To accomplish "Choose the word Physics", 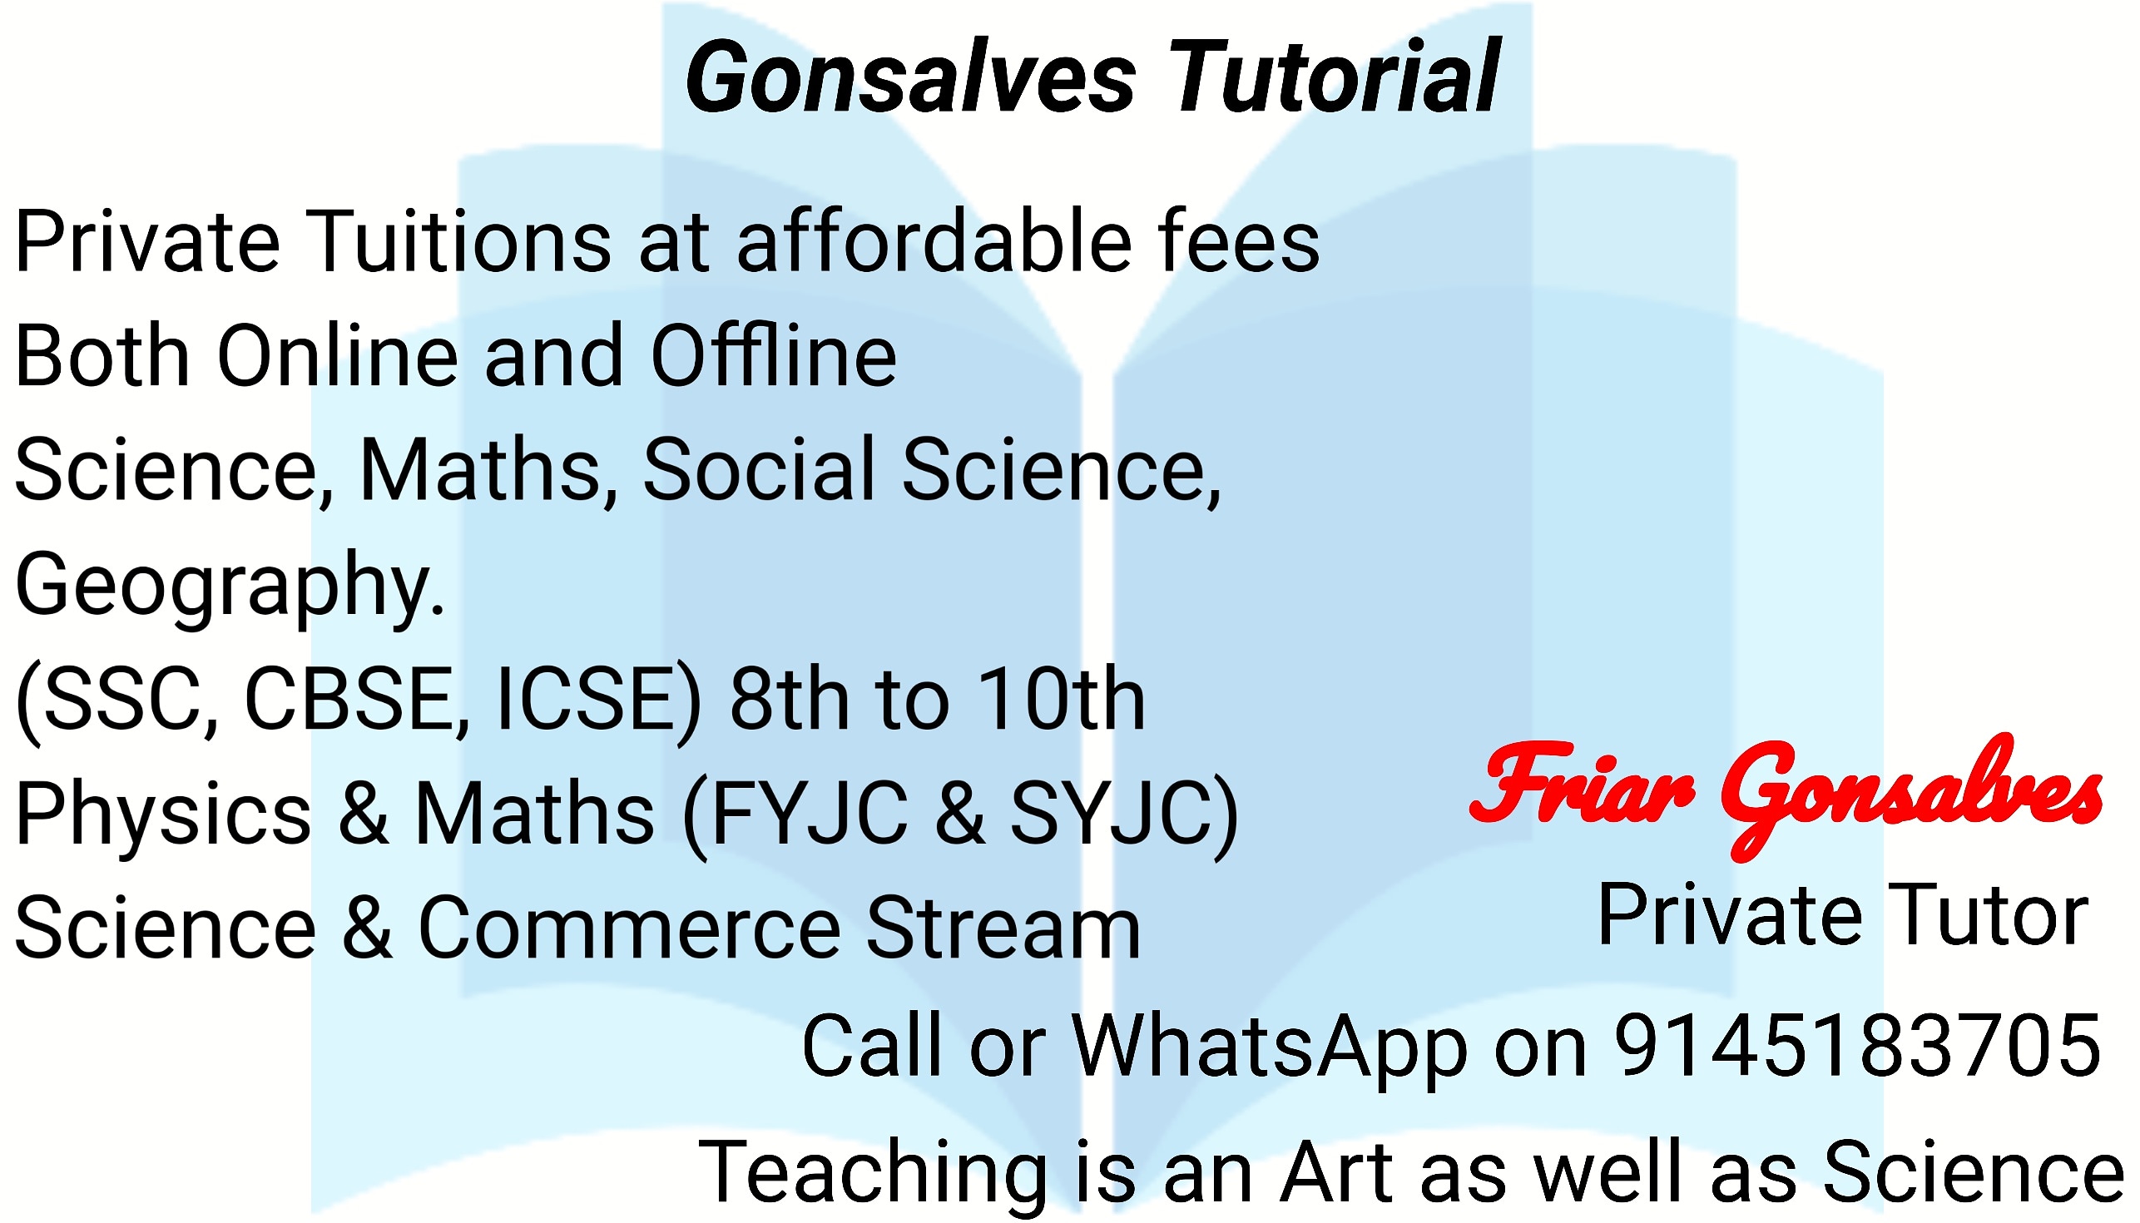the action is point(163,813).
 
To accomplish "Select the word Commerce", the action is point(629,928).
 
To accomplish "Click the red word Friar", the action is point(1582,783).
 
